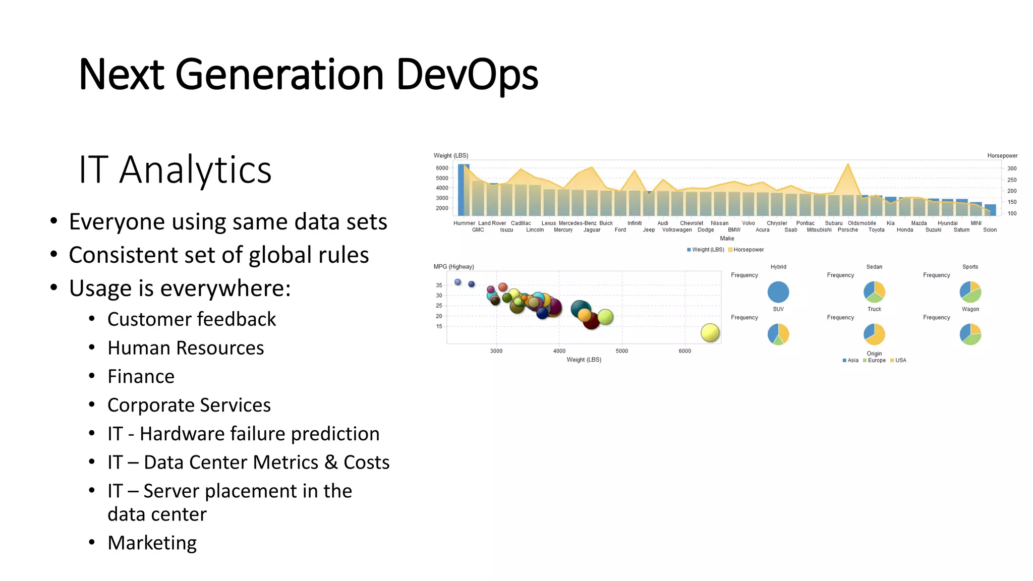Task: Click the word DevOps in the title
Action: pyautogui.click(x=467, y=75)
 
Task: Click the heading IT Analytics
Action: pyautogui.click(x=175, y=169)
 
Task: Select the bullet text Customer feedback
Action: pyautogui.click(x=192, y=319)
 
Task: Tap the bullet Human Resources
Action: pyautogui.click(x=186, y=348)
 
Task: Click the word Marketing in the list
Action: pyautogui.click(x=152, y=543)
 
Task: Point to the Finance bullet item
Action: pyautogui.click(x=141, y=377)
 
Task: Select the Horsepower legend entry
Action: pyautogui.click(x=748, y=250)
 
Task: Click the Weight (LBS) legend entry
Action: pyautogui.click(x=707, y=250)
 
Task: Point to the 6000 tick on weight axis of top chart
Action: pyautogui.click(x=442, y=168)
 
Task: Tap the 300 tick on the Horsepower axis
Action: pyautogui.click(x=1012, y=168)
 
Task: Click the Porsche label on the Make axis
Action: pyautogui.click(x=847, y=230)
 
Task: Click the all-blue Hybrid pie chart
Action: pyautogui.click(x=778, y=292)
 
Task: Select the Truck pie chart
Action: pyautogui.click(x=874, y=334)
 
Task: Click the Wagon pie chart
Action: pyautogui.click(x=970, y=334)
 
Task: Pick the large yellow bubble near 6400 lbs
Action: pyautogui.click(x=710, y=333)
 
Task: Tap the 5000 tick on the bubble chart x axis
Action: pyautogui.click(x=621, y=351)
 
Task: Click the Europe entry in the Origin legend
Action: pyautogui.click(x=876, y=361)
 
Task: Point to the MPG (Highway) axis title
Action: pyautogui.click(x=453, y=267)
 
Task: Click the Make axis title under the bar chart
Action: pyautogui.click(x=727, y=239)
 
